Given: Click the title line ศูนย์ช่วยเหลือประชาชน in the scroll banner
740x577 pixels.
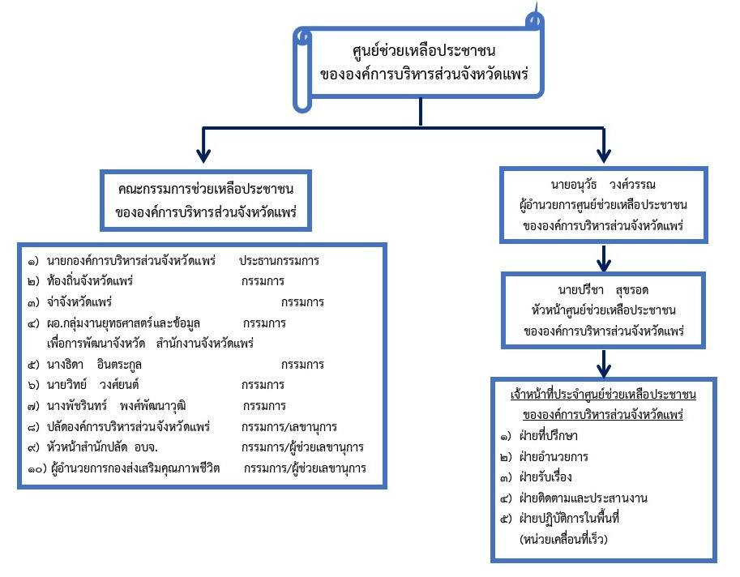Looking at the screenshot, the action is pyautogui.click(x=423, y=50).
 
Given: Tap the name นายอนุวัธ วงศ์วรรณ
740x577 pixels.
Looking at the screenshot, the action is pyautogui.click(x=603, y=185).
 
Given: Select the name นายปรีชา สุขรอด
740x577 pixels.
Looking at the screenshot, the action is pyautogui.click(x=603, y=289).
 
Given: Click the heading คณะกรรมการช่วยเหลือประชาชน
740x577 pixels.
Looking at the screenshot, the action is pyautogui.click(x=206, y=189).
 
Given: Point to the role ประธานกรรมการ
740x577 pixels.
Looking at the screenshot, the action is pyautogui.click(x=279, y=260).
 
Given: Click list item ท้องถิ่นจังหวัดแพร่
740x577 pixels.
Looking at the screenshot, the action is pyautogui.click(x=90, y=281).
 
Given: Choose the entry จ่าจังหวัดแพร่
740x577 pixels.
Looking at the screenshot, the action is pyautogui.click(x=79, y=302).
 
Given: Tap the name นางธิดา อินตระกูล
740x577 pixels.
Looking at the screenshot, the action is pyautogui.click(x=94, y=365).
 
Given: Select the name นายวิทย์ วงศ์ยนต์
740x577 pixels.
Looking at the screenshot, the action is pyautogui.click(x=92, y=385).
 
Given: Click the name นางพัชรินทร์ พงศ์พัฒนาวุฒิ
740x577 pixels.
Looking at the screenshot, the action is pyautogui.click(x=116, y=406).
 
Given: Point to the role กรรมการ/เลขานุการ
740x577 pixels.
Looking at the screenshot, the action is pyautogui.click(x=289, y=427).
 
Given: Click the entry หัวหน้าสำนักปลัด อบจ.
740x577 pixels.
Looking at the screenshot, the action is pyautogui.click(x=102, y=447).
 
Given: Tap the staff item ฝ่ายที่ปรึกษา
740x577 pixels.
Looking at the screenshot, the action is pyautogui.click(x=548, y=435).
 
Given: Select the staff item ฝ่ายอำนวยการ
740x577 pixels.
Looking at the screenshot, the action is pyautogui.click(x=553, y=457).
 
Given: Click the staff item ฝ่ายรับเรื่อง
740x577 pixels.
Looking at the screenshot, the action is pyautogui.click(x=545, y=477).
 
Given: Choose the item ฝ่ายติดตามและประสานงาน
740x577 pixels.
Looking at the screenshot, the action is pyautogui.click(x=583, y=498).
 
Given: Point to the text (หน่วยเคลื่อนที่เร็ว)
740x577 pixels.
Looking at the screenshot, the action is pyautogui.click(x=563, y=539).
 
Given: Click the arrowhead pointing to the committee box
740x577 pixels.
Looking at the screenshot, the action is pyautogui.click(x=203, y=156).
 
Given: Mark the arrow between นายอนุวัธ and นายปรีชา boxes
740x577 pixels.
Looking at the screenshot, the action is pyautogui.click(x=604, y=258).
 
